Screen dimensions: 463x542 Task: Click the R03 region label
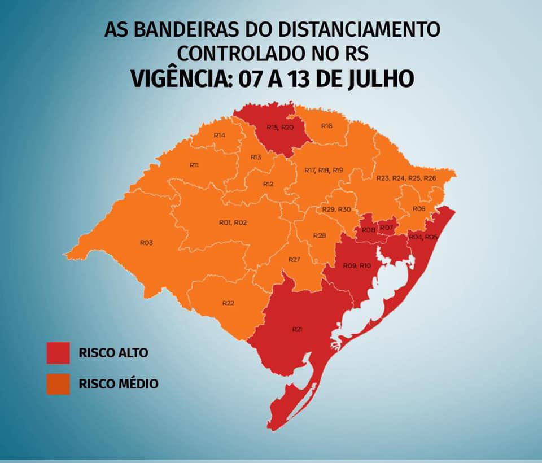(x=147, y=242)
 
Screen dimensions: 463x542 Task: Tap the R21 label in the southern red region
(x=297, y=329)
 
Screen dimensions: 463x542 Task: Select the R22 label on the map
(x=228, y=303)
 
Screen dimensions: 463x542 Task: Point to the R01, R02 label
(x=233, y=223)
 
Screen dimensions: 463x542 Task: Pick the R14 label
(x=220, y=136)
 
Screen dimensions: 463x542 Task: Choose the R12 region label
(x=268, y=184)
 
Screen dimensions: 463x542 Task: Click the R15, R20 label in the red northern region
(x=280, y=128)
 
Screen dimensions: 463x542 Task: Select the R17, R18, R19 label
(x=324, y=170)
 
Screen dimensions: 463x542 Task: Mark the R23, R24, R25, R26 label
(x=406, y=178)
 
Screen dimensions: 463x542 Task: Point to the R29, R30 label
(x=337, y=209)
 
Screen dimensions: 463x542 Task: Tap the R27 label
(x=294, y=259)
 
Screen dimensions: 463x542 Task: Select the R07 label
(x=386, y=228)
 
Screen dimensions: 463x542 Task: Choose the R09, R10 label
(x=357, y=265)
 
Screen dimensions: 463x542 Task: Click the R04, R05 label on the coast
(x=423, y=237)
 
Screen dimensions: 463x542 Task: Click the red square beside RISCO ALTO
(x=59, y=353)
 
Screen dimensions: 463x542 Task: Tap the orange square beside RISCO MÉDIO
(x=59, y=384)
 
